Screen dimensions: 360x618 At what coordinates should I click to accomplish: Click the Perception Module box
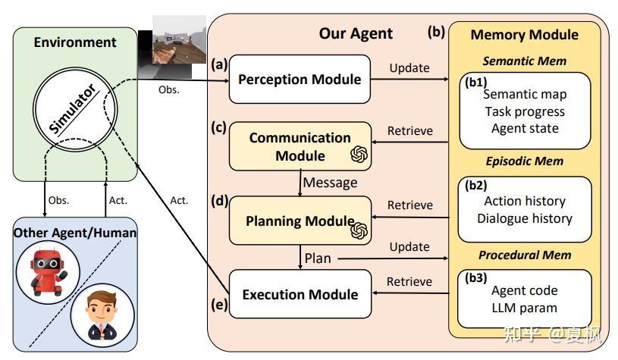(x=300, y=79)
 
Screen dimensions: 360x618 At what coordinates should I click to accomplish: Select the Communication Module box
(x=300, y=146)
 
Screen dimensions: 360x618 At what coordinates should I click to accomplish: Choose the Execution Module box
(x=300, y=294)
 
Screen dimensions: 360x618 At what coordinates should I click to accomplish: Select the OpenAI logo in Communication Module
(x=359, y=155)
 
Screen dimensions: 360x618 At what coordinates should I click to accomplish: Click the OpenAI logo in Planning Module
(x=359, y=228)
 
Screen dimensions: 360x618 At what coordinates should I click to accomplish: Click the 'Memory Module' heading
(x=524, y=35)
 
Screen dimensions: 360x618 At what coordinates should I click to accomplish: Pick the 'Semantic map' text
(x=524, y=95)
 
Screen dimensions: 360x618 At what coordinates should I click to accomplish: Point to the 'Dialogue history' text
(x=524, y=218)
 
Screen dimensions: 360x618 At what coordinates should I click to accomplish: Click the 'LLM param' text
(x=524, y=308)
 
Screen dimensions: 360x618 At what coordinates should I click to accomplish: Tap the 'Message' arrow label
(x=331, y=182)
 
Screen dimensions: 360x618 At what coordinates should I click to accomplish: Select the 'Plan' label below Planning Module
(x=318, y=258)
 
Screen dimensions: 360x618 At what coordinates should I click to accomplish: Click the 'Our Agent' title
(x=356, y=33)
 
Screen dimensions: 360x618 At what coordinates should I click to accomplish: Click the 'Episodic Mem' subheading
(x=524, y=161)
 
